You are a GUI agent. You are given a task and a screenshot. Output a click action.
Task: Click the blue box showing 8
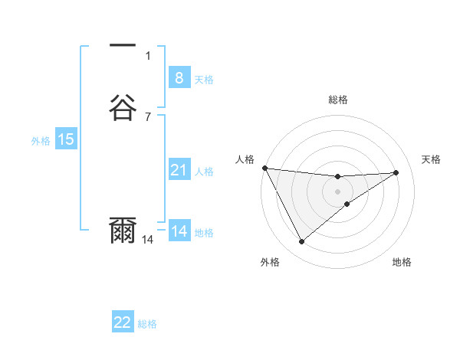pyautogui.click(x=179, y=78)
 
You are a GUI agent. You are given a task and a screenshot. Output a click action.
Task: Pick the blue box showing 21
pyautogui.click(x=179, y=170)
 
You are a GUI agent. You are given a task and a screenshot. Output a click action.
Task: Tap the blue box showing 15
pyautogui.click(x=66, y=139)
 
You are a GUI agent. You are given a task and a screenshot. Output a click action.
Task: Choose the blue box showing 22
pyautogui.click(x=123, y=322)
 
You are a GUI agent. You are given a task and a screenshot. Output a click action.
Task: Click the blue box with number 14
pyautogui.click(x=179, y=231)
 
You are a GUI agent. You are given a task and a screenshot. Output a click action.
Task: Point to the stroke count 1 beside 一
pyautogui.click(x=148, y=55)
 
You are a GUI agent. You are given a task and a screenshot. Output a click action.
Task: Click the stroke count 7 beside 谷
pyautogui.click(x=148, y=116)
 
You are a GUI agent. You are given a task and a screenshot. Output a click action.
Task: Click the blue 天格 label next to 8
pyautogui.click(x=204, y=79)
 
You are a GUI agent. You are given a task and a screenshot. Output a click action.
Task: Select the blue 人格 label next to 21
pyautogui.click(x=204, y=172)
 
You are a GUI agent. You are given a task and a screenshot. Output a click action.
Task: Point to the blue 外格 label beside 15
pyautogui.click(x=41, y=141)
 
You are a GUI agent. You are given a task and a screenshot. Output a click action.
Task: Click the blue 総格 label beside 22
pyautogui.click(x=148, y=324)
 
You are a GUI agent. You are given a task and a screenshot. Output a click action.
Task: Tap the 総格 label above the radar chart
pyautogui.click(x=338, y=100)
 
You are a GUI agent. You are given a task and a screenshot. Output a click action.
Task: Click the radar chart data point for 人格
pyautogui.click(x=264, y=168)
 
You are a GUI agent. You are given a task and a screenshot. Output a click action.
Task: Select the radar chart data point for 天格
pyautogui.click(x=396, y=172)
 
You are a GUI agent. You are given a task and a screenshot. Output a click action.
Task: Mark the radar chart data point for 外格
pyautogui.click(x=301, y=242)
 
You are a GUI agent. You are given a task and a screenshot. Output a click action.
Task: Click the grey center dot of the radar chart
pyautogui.click(x=338, y=191)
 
